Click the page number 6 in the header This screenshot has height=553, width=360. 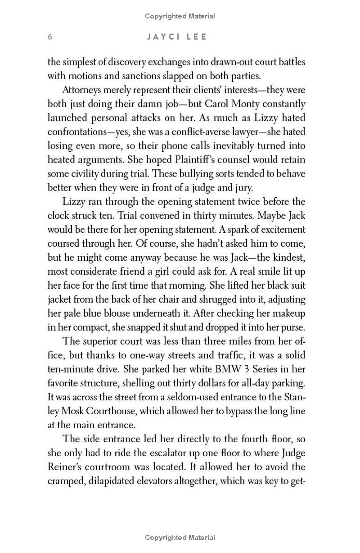pos(50,37)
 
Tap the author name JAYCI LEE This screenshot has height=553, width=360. pos(177,37)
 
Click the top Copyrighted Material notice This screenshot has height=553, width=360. pos(180,16)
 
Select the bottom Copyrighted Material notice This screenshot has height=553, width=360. pos(180,537)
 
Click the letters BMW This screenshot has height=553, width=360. pos(232,369)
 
